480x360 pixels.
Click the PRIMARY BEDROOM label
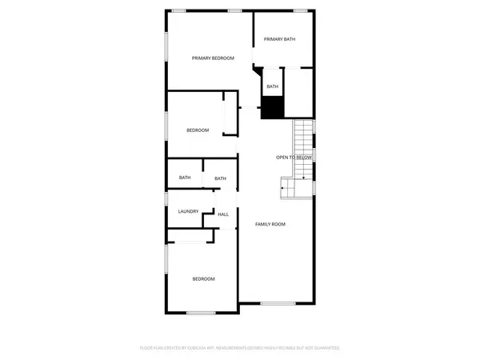tap(213, 58)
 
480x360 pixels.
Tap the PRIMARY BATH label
tap(279, 39)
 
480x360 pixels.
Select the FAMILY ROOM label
tap(270, 224)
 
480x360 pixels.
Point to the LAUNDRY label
tap(188, 211)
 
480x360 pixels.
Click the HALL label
tap(223, 214)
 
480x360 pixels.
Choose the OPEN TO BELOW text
tap(294, 158)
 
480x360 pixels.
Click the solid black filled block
tap(273, 106)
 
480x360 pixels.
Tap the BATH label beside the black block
tap(273, 86)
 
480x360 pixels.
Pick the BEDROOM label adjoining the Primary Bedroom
tap(198, 130)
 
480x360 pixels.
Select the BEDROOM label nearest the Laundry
tap(203, 278)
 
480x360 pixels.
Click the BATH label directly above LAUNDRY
tap(185, 178)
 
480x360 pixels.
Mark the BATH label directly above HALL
tap(220, 178)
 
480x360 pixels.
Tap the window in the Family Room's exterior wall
tap(278, 303)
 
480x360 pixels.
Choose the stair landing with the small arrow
tap(287, 189)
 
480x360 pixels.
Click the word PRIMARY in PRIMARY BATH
tap(272, 39)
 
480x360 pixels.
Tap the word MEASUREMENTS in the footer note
tap(239, 348)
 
